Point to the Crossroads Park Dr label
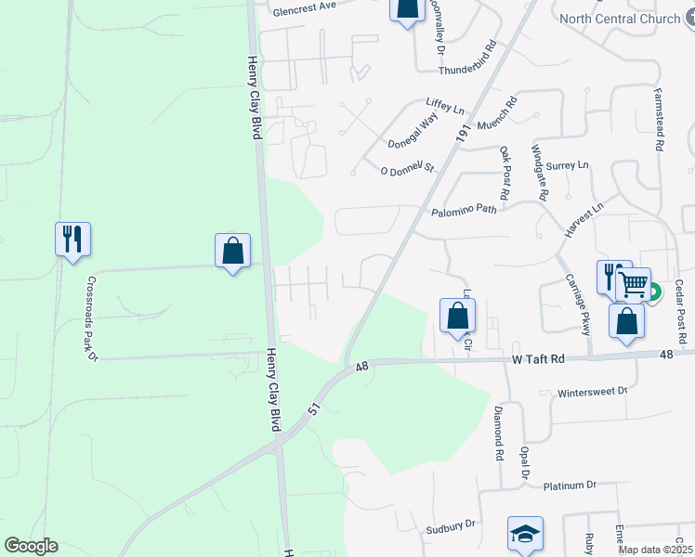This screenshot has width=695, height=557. [x=90, y=316]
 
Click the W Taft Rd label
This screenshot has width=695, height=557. [x=538, y=358]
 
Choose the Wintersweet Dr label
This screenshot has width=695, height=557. [x=592, y=392]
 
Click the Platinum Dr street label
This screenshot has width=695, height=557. [x=569, y=485]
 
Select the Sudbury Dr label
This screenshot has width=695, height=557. [x=451, y=525]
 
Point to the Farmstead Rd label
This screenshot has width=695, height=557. [x=658, y=120]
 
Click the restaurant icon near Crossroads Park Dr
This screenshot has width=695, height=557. [x=72, y=240]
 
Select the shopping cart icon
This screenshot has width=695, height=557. [x=633, y=283]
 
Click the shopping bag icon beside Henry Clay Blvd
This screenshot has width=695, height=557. [x=232, y=250]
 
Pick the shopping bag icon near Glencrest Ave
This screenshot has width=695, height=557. [x=406, y=10]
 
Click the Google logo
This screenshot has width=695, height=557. [x=31, y=546]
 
